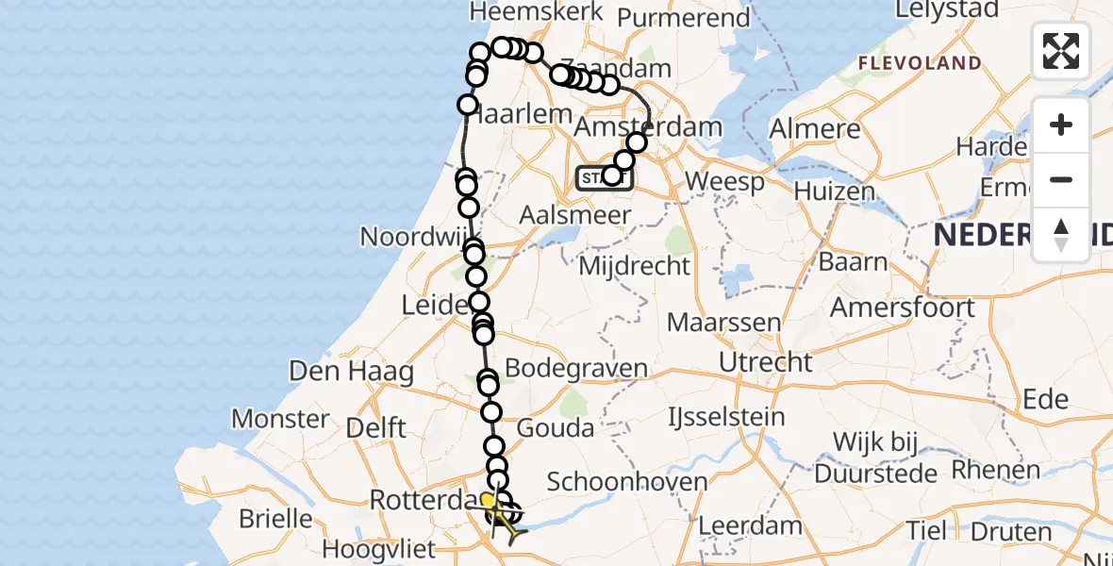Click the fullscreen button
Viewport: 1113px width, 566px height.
[1061, 51]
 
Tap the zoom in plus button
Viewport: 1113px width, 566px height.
[1061, 125]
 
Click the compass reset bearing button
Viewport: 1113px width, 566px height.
[1061, 235]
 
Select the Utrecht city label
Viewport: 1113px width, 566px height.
[765, 362]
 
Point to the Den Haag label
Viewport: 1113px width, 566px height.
[351, 372]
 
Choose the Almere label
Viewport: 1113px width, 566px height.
[815, 129]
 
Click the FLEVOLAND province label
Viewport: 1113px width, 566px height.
[919, 63]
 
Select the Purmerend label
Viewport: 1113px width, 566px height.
[673, 16]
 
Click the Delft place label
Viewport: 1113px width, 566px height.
[375, 427]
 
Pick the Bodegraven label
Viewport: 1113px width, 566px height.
[576, 368]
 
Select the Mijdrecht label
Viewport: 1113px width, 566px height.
[634, 266]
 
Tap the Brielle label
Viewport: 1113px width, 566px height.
[276, 519]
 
